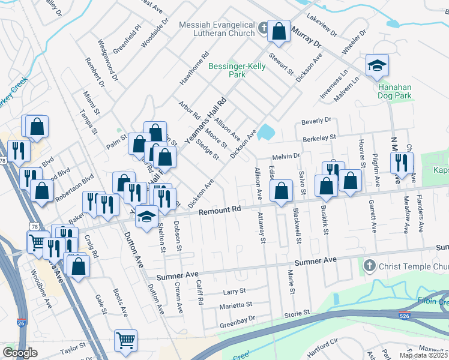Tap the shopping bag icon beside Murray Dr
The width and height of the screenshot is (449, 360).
coord(279,32)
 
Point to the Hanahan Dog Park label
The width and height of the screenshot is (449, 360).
coord(394,91)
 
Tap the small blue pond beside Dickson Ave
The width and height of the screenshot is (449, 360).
coord(265,132)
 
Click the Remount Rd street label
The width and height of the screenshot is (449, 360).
coord(220,210)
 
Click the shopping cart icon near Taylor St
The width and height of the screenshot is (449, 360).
coord(126,340)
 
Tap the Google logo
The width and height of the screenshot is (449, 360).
coord(20,353)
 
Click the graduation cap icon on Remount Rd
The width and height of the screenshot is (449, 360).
coord(145,217)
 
